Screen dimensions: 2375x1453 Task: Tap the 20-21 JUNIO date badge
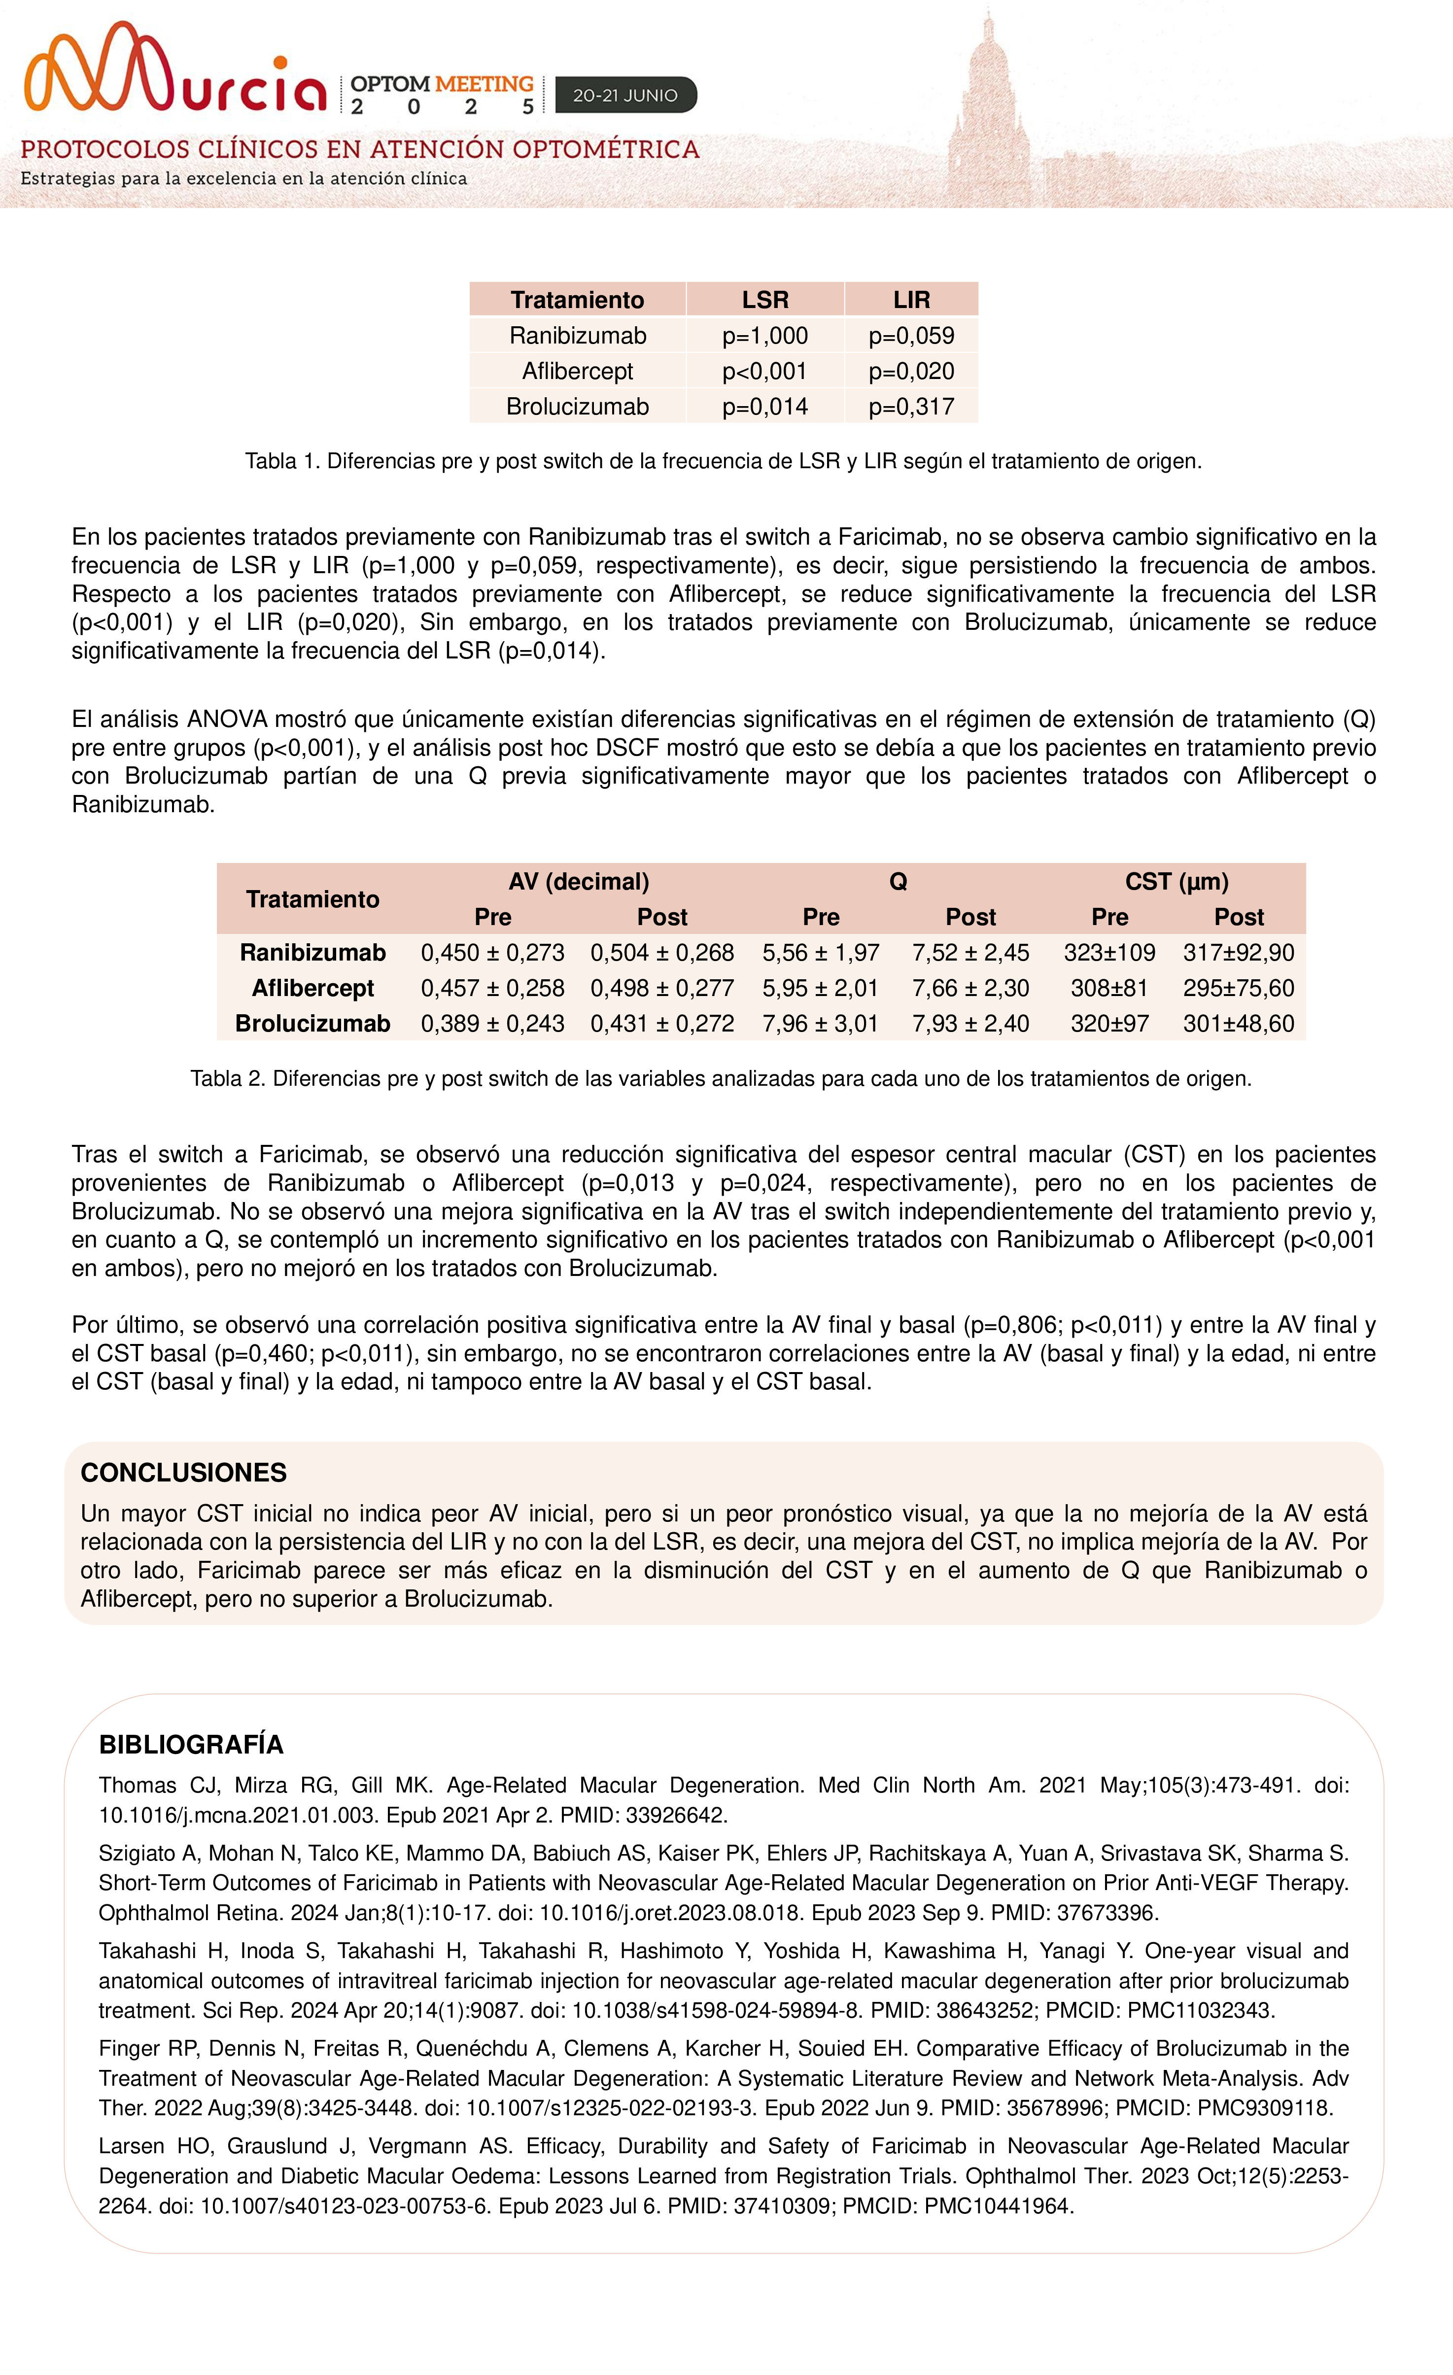(x=625, y=96)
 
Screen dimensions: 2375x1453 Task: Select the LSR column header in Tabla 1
(x=764, y=300)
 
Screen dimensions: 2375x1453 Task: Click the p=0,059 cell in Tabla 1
(x=911, y=336)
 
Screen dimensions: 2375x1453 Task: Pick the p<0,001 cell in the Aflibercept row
(x=764, y=371)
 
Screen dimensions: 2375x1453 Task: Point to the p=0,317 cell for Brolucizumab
(x=911, y=407)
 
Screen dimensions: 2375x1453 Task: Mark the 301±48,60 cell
(x=1238, y=1024)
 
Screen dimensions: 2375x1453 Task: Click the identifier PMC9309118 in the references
(x=1265, y=2108)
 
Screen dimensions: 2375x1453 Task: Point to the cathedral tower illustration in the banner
(x=985, y=106)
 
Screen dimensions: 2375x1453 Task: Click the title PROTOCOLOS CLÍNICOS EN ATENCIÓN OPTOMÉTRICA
(x=360, y=149)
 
